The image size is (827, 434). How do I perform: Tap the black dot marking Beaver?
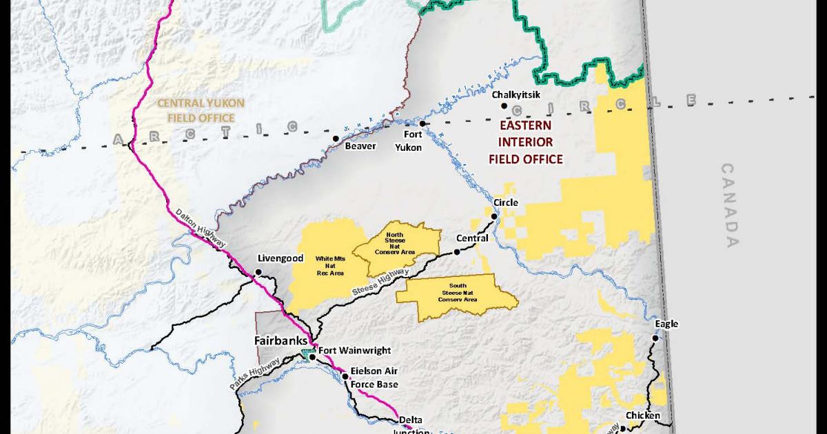click(336, 138)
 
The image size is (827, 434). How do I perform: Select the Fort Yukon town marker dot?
click(423, 124)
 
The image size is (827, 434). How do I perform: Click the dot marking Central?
click(456, 253)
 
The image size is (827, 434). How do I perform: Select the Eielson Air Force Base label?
click(374, 377)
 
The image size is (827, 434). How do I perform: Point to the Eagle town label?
click(666, 324)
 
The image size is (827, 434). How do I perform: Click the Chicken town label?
click(642, 415)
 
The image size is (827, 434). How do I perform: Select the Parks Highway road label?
click(255, 375)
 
